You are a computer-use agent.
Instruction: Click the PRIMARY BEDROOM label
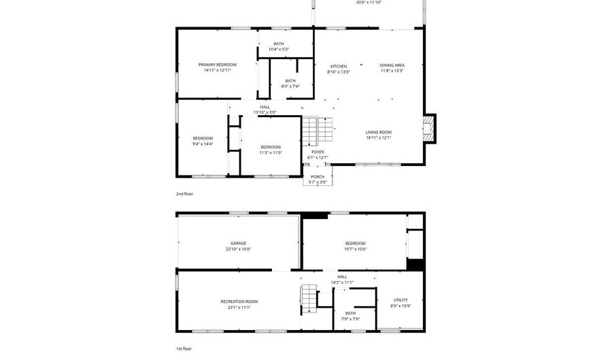(218, 65)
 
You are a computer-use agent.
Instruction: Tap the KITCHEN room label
(338, 66)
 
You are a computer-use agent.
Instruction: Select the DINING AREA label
(392, 65)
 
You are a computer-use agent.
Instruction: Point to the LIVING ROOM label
(378, 132)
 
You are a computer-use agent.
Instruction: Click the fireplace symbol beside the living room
(428, 128)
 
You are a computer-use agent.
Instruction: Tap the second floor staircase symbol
(309, 131)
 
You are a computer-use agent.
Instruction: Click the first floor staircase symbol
(309, 299)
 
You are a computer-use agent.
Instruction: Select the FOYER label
(318, 152)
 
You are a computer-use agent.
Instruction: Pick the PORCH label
(318, 177)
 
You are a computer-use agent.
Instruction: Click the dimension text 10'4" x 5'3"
(279, 49)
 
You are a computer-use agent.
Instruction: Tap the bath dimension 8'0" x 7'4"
(290, 86)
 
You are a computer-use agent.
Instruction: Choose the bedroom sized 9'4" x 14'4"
(203, 144)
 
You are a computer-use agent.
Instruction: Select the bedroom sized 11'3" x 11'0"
(271, 152)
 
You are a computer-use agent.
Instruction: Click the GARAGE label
(238, 243)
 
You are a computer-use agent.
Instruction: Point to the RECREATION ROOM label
(239, 301)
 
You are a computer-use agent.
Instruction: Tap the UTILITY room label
(401, 300)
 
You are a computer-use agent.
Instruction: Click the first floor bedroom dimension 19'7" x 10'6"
(355, 248)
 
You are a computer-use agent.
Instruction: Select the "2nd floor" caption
(184, 194)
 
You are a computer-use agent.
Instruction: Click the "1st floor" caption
(184, 348)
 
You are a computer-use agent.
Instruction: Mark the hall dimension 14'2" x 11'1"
(342, 282)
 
